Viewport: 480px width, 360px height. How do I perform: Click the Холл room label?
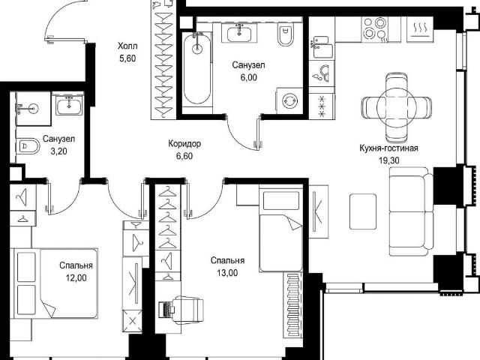click(x=127, y=46)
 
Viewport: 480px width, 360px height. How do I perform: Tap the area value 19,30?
click(x=388, y=160)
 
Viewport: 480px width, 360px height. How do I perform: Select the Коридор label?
click(x=184, y=143)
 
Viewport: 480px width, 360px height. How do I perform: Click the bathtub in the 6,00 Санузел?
click(x=197, y=68)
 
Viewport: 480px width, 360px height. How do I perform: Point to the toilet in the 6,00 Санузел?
click(x=285, y=34)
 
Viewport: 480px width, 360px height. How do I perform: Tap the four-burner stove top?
click(x=374, y=28)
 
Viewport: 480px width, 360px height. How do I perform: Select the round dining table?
click(x=397, y=105)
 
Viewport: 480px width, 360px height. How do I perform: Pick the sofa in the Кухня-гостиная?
click(x=411, y=211)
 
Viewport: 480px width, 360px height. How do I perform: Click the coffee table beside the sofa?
click(x=363, y=211)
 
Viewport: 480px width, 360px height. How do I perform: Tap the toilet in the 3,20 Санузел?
click(x=28, y=147)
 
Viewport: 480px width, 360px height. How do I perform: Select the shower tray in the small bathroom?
click(x=33, y=108)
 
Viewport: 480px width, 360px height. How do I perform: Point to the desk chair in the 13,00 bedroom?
click(x=188, y=309)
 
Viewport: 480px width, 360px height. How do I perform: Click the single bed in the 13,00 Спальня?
click(x=281, y=228)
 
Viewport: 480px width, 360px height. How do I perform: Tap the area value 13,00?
click(x=227, y=272)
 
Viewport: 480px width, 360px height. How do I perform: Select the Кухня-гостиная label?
click(x=388, y=148)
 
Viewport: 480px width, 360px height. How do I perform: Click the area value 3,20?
click(x=58, y=151)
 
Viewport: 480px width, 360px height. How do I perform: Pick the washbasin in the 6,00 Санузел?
click(x=239, y=32)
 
